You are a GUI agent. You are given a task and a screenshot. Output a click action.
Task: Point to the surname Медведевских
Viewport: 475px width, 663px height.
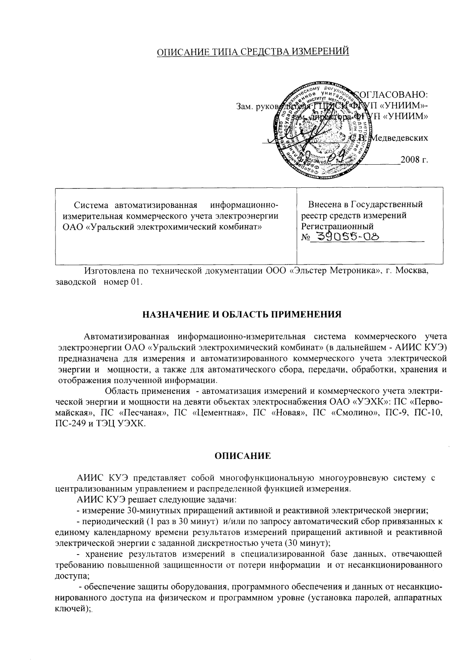click(x=399, y=138)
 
